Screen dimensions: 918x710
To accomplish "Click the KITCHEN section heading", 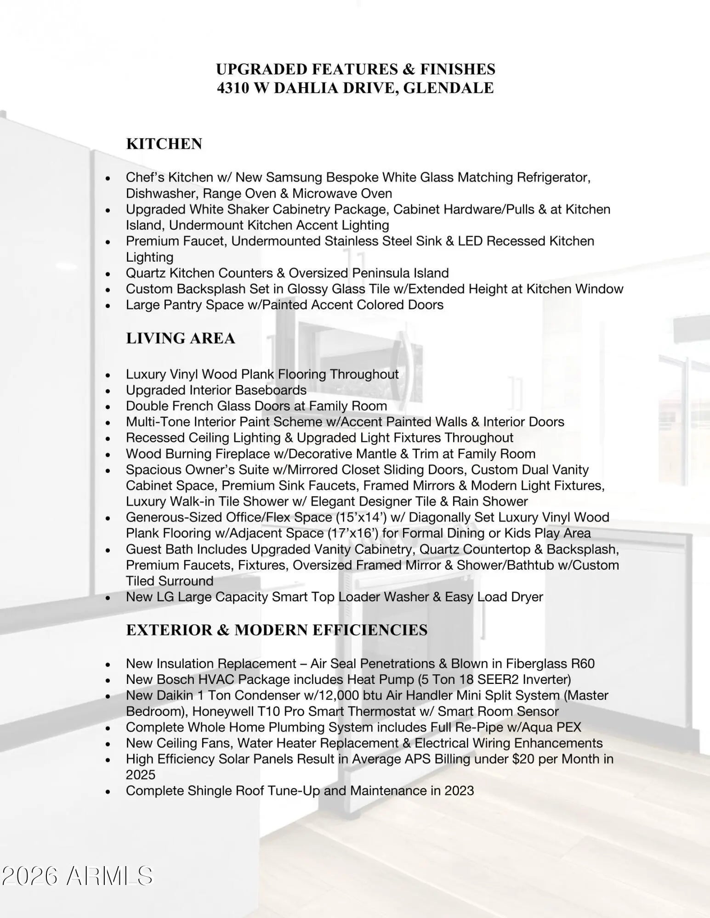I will [x=164, y=144].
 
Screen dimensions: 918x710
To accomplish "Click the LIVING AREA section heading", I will [x=180, y=338].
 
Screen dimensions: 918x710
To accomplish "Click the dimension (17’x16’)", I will [x=353, y=533].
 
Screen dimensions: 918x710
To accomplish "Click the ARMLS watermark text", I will [x=109, y=876].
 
